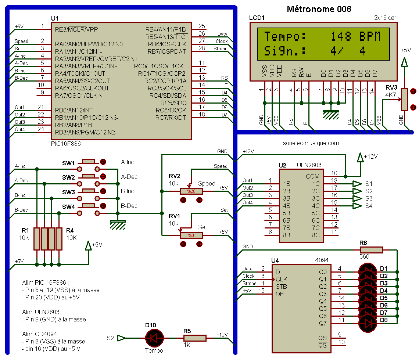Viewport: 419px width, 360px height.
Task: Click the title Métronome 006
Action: pos(319,9)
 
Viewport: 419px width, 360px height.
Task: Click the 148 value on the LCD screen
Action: pos(341,36)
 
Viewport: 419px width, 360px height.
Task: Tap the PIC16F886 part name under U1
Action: pos(66,144)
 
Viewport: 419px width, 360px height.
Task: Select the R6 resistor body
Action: pos(371,250)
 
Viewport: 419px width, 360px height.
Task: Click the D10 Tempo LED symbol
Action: pos(154,338)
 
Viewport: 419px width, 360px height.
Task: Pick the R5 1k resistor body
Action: pos(195,338)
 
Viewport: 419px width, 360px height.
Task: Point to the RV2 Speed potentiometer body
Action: pos(191,191)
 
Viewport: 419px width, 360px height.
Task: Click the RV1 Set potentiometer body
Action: pos(191,235)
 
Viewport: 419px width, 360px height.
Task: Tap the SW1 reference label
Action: pos(68,163)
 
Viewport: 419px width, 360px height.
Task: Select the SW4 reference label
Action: pos(68,207)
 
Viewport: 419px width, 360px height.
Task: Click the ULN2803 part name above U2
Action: pos(309,165)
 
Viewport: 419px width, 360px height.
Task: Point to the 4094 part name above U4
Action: pos(322,260)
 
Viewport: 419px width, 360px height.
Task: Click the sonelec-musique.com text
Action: pos(311,143)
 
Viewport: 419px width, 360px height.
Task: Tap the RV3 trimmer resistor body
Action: pos(405,99)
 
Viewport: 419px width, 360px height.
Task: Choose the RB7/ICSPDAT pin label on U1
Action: pos(167,51)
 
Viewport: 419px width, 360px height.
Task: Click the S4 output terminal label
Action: pos(369,206)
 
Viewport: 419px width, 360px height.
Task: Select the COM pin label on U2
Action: pos(313,177)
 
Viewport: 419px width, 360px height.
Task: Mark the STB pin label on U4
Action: pos(281,287)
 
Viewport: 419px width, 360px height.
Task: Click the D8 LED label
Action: pos(384,320)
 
